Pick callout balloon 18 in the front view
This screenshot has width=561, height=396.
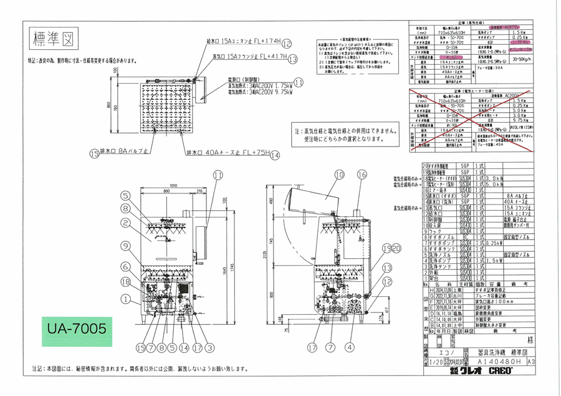pos(127,282)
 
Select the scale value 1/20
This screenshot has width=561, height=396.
pos(433,361)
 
